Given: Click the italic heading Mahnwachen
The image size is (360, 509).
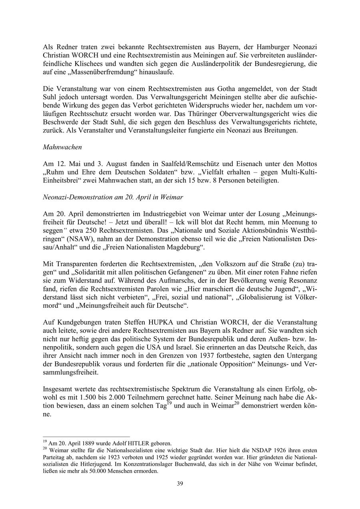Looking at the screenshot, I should coord(62,147).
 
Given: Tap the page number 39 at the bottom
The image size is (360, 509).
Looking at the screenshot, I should coord(180,484).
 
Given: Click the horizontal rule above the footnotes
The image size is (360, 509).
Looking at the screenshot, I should coord(86,437).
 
